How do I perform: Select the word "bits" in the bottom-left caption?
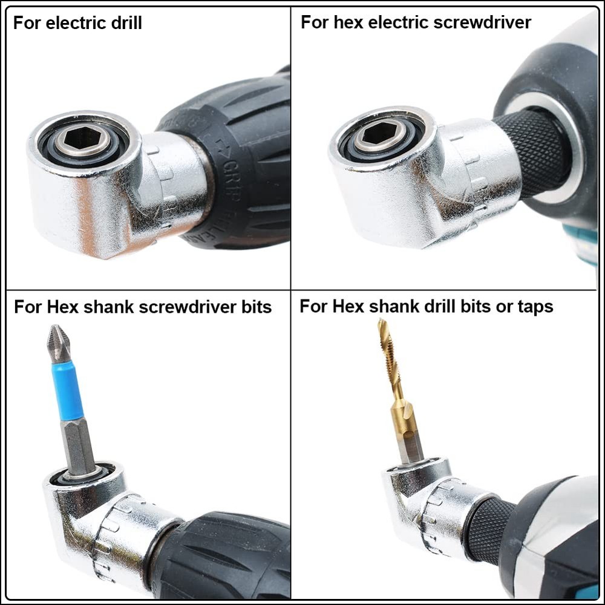click(x=254, y=307)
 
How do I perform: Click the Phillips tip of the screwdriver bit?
click(x=58, y=345)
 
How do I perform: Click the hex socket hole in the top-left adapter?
click(x=83, y=139)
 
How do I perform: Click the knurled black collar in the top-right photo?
click(x=532, y=151)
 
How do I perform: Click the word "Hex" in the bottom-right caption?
click(x=349, y=307)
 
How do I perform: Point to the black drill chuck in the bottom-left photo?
click(x=224, y=557)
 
